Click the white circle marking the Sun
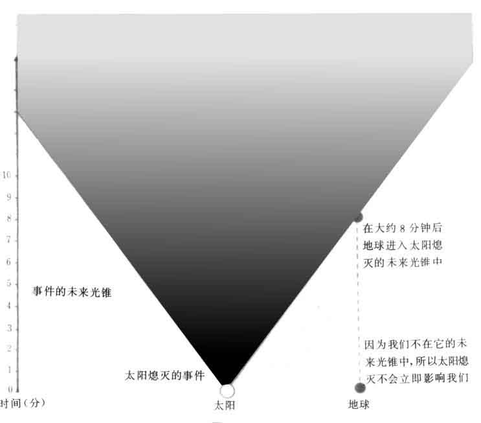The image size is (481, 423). click(227, 391)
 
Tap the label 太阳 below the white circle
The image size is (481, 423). click(225, 406)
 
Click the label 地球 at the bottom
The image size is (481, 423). click(359, 404)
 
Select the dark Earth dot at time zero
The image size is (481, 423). click(360, 388)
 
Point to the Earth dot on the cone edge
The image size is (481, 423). click(358, 217)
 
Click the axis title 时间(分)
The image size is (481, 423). click(23, 403)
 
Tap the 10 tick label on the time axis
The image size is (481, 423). click(6, 175)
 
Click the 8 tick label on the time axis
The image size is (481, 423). click(9, 218)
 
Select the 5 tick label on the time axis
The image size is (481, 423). click(9, 283)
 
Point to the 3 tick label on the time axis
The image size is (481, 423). click(9, 328)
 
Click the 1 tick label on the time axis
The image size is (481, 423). click(10, 370)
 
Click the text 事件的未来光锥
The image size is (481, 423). click(72, 292)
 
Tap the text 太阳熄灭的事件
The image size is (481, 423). click(164, 375)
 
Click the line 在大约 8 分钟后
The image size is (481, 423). click(403, 228)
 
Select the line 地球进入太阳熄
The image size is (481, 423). click(403, 246)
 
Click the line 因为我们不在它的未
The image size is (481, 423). click(416, 344)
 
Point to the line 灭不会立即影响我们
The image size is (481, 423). click(417, 378)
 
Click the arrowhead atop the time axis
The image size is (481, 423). click(16, 60)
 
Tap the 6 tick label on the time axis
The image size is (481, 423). click(9, 262)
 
